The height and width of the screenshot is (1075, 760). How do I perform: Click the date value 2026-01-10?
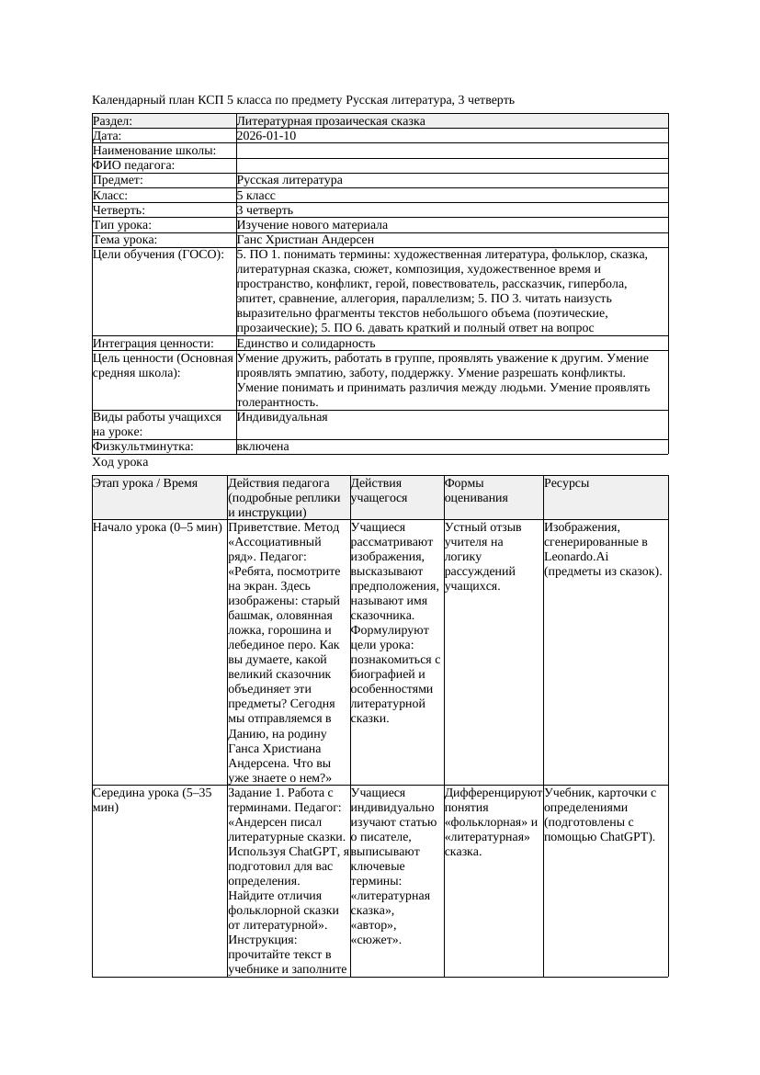click(x=267, y=136)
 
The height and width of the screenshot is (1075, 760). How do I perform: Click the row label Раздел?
click(x=113, y=121)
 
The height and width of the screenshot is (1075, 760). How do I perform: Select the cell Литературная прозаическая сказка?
click(x=331, y=121)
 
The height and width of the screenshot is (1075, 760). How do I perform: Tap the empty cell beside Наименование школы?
click(x=451, y=151)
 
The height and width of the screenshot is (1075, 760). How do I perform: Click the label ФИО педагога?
click(x=134, y=165)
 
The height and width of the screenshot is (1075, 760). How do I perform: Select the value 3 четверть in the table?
click(x=265, y=210)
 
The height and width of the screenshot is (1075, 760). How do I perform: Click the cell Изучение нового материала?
click(x=312, y=225)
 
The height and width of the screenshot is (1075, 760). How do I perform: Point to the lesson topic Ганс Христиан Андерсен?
click(x=305, y=240)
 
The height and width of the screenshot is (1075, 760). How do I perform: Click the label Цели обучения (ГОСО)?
click(x=158, y=255)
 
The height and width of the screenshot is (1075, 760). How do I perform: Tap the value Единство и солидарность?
click(x=306, y=344)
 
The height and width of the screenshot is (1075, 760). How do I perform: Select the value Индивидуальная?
click(x=282, y=417)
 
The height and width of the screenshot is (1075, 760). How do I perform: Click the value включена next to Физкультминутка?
click(x=263, y=447)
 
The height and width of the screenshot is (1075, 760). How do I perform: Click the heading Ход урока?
click(x=120, y=463)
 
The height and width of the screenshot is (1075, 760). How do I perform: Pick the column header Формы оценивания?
click(x=471, y=490)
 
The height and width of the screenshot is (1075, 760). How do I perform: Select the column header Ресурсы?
click(x=567, y=483)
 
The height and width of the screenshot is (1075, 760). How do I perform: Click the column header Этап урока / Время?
click(x=145, y=483)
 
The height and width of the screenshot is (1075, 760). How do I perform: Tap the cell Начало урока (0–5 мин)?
click(x=157, y=528)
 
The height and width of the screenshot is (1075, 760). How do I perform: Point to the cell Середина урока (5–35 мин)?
click(x=153, y=799)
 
